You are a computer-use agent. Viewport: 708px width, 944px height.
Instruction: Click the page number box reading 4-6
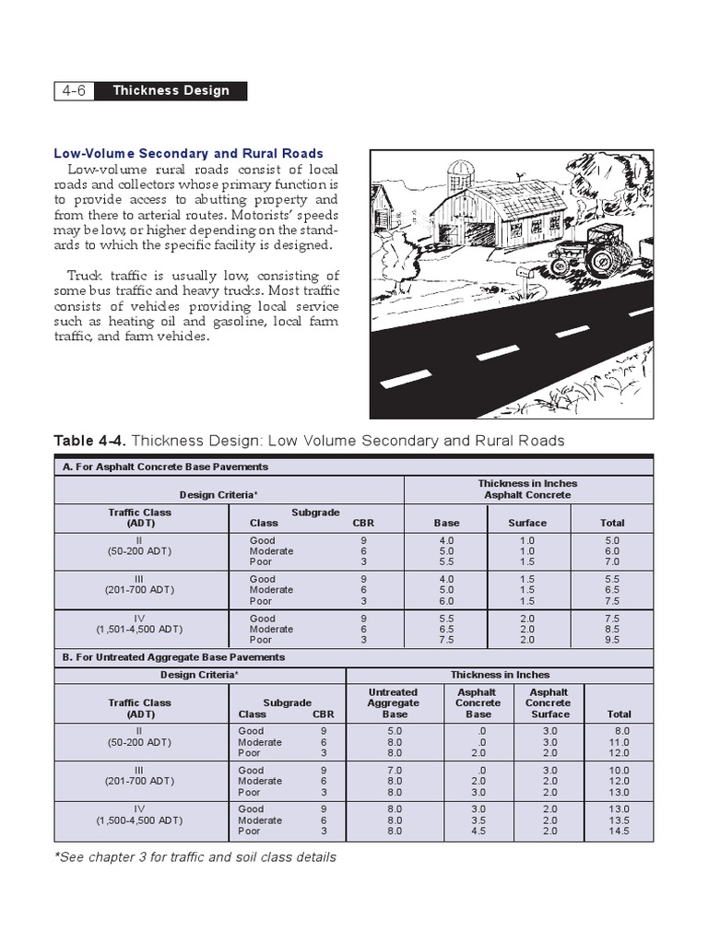(74, 91)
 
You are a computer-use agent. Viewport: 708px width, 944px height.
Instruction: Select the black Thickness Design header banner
(171, 91)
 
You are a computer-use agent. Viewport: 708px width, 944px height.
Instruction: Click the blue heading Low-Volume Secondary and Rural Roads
(188, 153)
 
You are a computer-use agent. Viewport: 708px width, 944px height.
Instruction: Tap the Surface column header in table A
(527, 523)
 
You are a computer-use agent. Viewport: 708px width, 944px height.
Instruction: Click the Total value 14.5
(619, 831)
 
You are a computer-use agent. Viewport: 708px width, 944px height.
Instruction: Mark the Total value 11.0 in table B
(619, 742)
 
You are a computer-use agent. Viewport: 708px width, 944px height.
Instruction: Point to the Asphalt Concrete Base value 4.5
(478, 831)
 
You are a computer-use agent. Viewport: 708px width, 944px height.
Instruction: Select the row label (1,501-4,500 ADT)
(140, 629)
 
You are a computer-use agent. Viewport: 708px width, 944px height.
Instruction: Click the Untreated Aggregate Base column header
(394, 702)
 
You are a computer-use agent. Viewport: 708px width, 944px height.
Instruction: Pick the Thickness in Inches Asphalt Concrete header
(527, 489)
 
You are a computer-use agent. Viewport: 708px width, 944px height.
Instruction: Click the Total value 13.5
(619, 820)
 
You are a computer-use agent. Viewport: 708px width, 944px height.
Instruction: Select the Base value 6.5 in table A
(446, 629)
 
